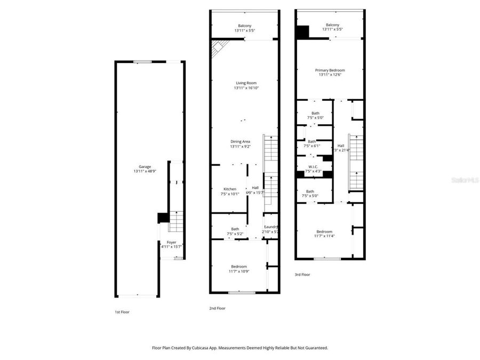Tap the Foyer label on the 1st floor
click(171, 242)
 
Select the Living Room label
click(246, 83)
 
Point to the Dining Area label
click(240, 141)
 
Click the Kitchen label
click(230, 189)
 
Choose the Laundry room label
click(271, 227)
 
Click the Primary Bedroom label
click(330, 70)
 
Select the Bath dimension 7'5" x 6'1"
click(311, 146)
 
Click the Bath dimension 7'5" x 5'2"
click(235, 234)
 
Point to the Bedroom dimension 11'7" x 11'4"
click(324, 236)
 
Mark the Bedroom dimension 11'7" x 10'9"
click(238, 271)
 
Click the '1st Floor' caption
click(122, 312)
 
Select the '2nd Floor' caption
click(217, 308)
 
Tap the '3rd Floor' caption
click(302, 275)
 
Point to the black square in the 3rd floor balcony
click(302, 33)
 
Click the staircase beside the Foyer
click(175, 221)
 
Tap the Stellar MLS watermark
click(465, 180)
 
